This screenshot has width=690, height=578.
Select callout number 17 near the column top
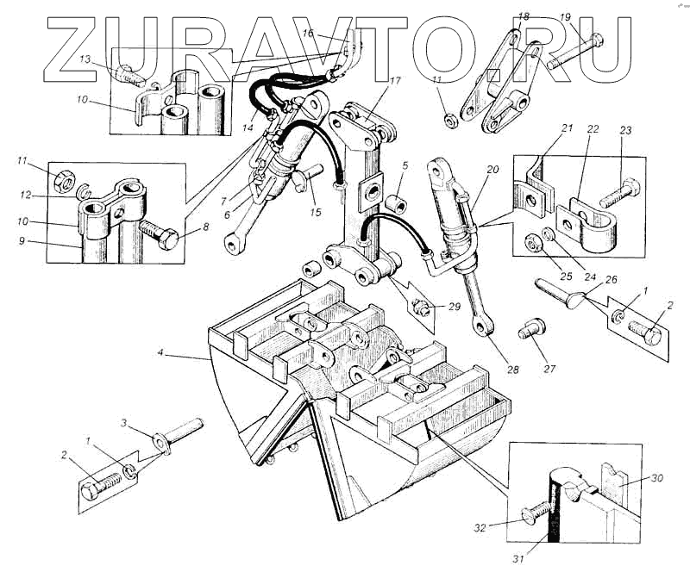[x=395, y=82]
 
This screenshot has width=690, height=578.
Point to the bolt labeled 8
[x=160, y=234]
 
